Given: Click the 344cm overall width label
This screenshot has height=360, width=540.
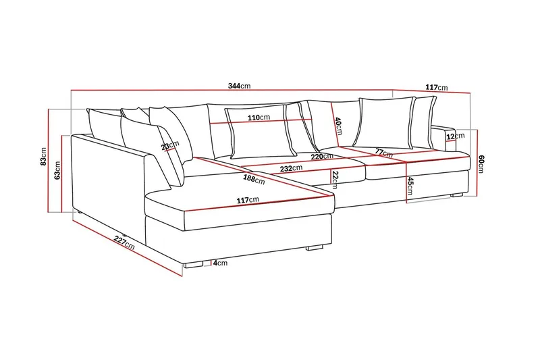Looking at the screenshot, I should (x=240, y=86).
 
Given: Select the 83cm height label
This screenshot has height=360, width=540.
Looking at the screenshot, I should (x=43, y=157).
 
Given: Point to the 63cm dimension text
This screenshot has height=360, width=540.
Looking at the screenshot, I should (x=58, y=171).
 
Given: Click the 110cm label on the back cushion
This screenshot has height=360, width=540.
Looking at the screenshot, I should (x=259, y=118).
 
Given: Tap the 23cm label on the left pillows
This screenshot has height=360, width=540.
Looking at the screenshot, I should (x=170, y=145).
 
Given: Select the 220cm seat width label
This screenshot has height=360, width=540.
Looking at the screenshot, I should (x=322, y=157).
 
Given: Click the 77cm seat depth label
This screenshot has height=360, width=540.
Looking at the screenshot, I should (x=384, y=153).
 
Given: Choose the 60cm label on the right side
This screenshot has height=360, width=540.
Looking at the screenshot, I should (x=481, y=163).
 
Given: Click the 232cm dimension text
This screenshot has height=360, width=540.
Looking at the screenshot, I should (x=292, y=168).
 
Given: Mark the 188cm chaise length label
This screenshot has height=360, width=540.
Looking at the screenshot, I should (x=253, y=178).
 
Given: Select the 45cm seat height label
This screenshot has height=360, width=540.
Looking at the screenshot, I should (x=410, y=184).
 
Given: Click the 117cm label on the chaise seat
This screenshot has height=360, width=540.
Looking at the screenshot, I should (x=248, y=200).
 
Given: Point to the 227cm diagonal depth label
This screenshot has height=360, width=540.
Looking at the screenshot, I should (x=124, y=242).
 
